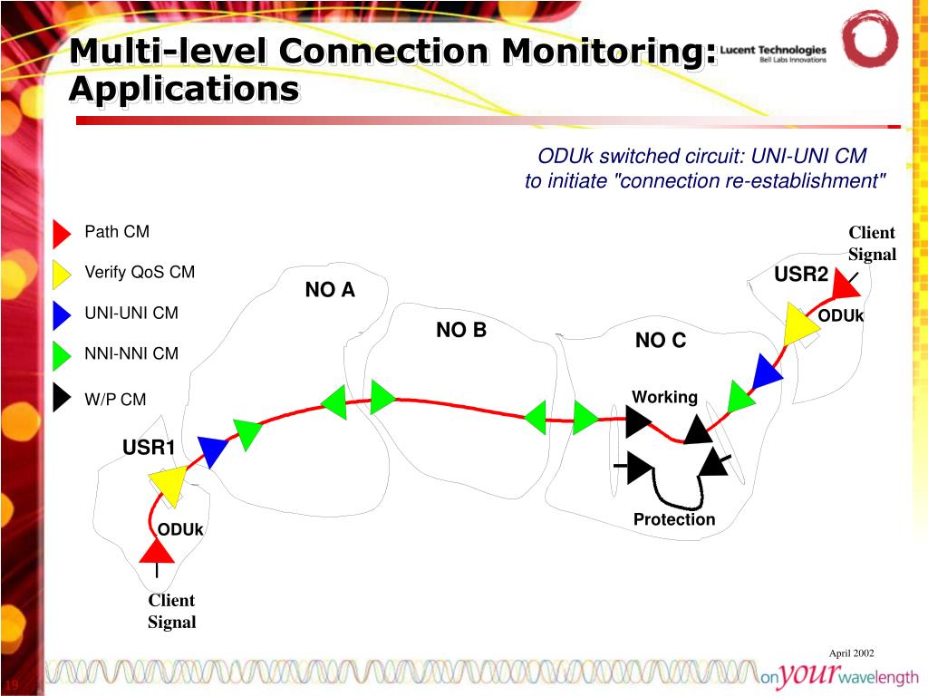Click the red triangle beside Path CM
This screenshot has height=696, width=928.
point(61,233)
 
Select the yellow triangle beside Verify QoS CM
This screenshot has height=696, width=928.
point(61,274)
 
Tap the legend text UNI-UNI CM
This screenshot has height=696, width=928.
point(131,314)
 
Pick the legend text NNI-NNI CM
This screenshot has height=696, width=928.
point(131,353)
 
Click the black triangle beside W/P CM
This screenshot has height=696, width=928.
point(61,398)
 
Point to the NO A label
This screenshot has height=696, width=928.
point(330,290)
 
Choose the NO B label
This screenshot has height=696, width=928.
point(461,331)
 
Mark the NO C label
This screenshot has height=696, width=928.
point(661,341)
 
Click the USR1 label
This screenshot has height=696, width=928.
point(149,448)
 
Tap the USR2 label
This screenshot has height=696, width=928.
point(801,275)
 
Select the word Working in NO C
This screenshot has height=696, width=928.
point(664,397)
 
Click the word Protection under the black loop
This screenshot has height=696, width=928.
point(674,519)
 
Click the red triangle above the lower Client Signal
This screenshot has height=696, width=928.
point(157,550)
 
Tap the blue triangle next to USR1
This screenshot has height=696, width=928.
point(211,450)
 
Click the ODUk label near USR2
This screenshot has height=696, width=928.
point(841,316)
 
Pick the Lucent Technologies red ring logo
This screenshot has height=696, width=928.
point(870,39)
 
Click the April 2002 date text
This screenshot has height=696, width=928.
point(851,653)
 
